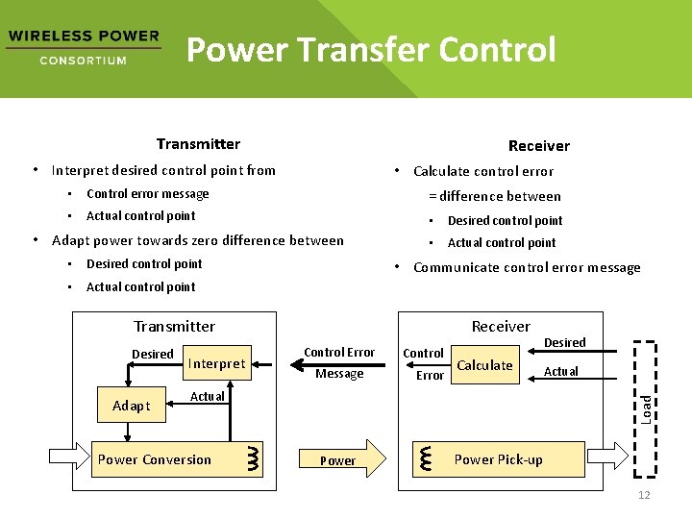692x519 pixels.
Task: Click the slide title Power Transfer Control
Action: pyautogui.click(x=371, y=49)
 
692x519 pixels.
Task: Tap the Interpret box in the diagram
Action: pyautogui.click(x=216, y=363)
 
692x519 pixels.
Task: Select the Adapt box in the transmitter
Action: pyautogui.click(x=131, y=406)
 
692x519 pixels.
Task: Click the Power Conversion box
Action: pyautogui.click(x=155, y=459)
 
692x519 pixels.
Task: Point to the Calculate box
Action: pyautogui.click(x=484, y=365)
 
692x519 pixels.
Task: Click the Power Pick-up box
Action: pyautogui.click(x=498, y=459)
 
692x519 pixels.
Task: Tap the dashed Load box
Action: pyautogui.click(x=647, y=408)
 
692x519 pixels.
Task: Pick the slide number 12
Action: pyautogui.click(x=644, y=495)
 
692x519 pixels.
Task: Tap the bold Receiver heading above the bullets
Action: pyautogui.click(x=538, y=146)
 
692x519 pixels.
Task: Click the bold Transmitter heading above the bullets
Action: pyautogui.click(x=198, y=144)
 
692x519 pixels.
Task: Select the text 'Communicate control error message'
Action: pyautogui.click(x=526, y=267)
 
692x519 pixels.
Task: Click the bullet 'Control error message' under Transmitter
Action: pyautogui.click(x=147, y=193)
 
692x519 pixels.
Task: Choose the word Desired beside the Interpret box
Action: pyautogui.click(x=153, y=354)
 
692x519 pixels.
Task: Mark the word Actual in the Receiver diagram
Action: pyautogui.click(x=561, y=371)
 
